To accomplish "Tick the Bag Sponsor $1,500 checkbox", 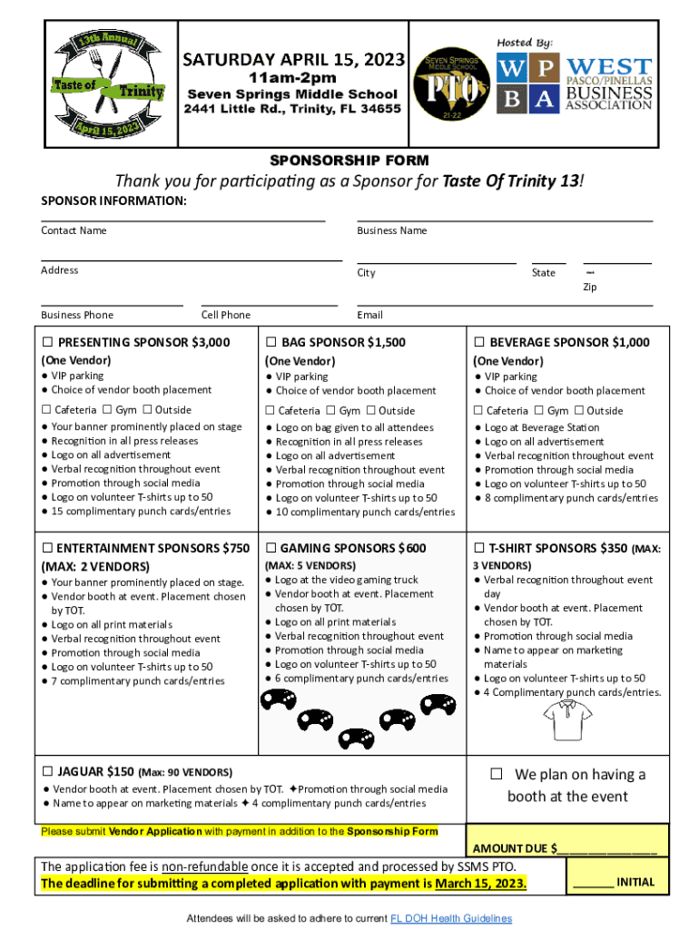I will coord(271,343).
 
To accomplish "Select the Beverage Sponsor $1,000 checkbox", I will coord(479,343).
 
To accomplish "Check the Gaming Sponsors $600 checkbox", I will coord(271,549).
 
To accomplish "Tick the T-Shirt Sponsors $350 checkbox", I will coord(479,549).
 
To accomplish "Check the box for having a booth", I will coord(497,775).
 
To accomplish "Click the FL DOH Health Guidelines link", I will coord(450,918).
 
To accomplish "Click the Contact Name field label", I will coord(74,230).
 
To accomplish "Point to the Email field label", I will coord(369,315).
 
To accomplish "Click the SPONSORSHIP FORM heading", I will coord(350,161).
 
